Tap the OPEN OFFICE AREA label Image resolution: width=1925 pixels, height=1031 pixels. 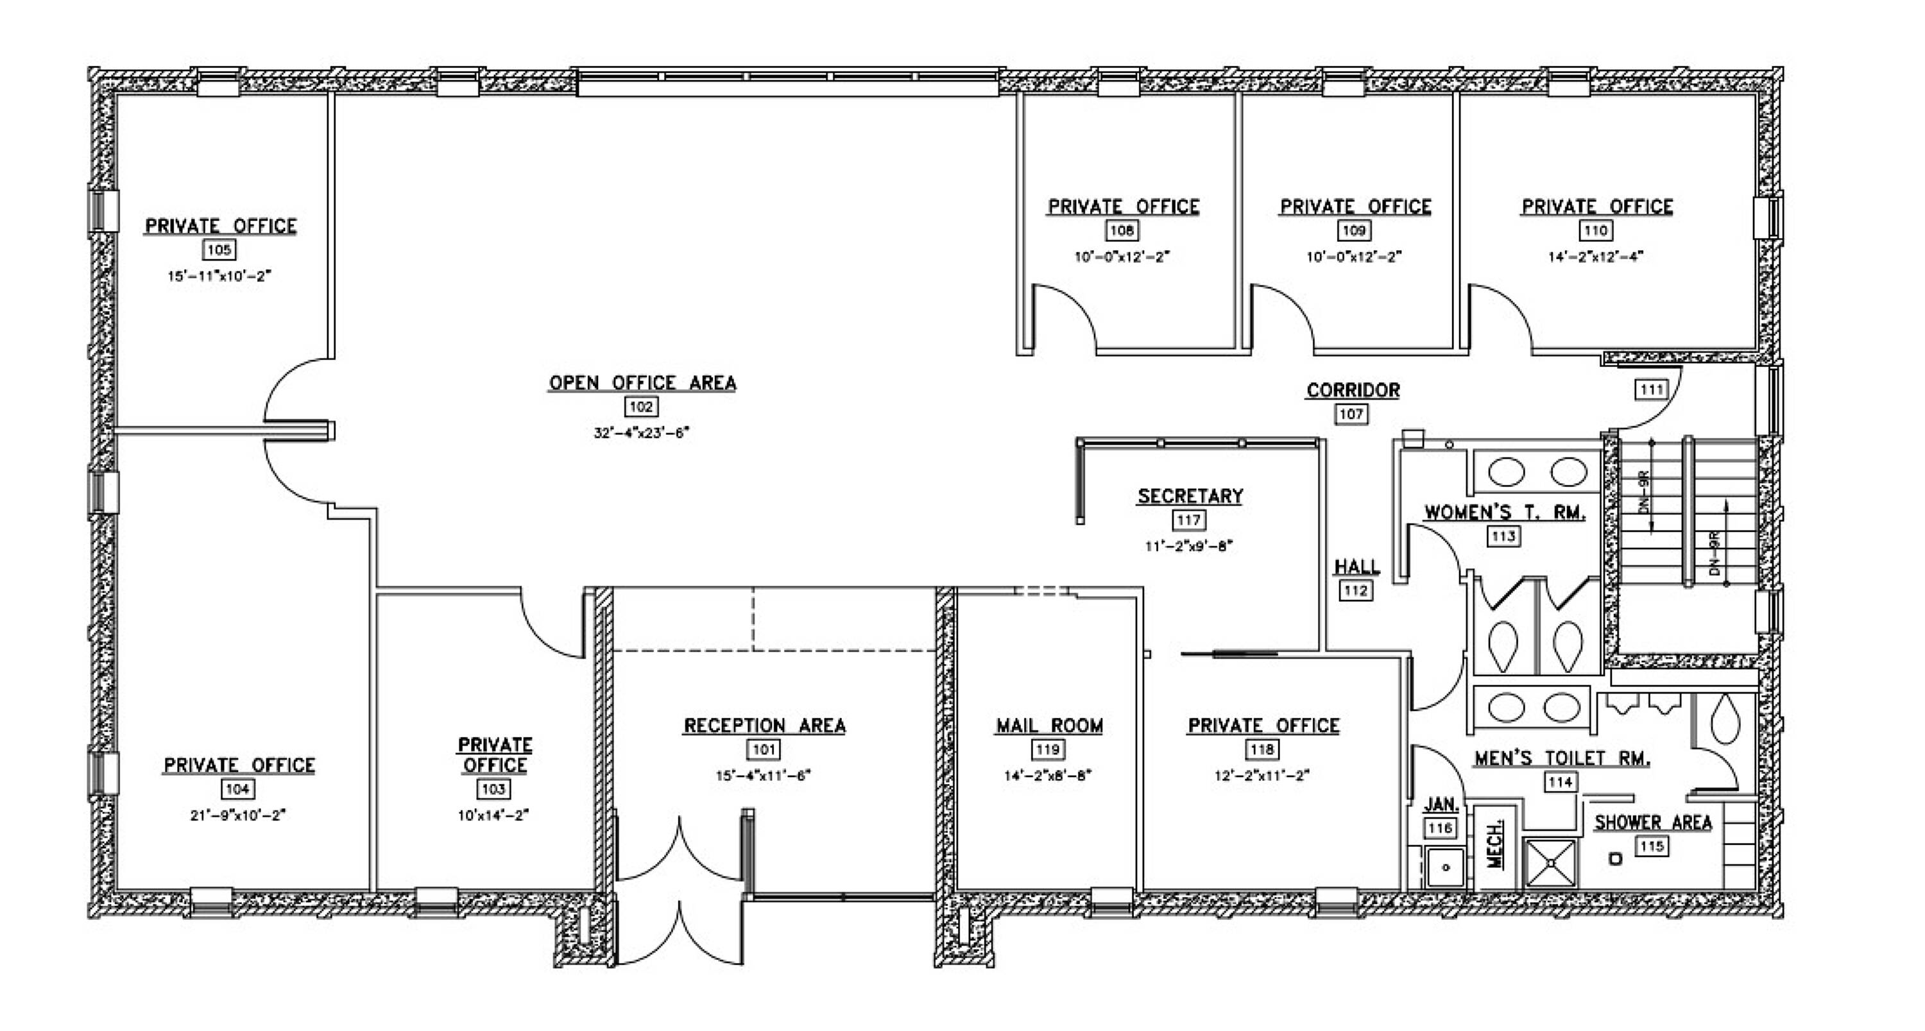[x=643, y=382]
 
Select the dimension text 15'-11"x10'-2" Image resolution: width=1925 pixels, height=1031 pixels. [x=219, y=276]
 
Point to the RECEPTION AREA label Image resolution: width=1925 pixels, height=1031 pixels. [x=764, y=726]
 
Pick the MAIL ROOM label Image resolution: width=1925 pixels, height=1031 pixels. [x=1049, y=726]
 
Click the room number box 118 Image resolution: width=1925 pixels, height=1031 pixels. [x=1263, y=749]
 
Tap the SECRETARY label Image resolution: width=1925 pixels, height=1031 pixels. [x=1190, y=496]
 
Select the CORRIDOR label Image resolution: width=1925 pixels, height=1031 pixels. [x=1353, y=390]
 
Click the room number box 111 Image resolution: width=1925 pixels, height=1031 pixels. [x=1652, y=389]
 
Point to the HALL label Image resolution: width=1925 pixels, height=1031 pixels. [x=1356, y=567]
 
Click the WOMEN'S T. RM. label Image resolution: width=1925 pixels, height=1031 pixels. [x=1505, y=513]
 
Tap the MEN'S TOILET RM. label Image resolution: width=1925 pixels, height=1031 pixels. [x=1562, y=758]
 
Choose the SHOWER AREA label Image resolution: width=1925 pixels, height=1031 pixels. [x=1653, y=822]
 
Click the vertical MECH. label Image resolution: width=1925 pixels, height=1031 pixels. [x=1494, y=845]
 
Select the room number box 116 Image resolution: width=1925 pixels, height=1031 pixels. [x=1440, y=828]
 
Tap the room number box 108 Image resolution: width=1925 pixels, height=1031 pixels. [x=1122, y=230]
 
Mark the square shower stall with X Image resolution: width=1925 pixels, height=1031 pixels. [x=1551, y=863]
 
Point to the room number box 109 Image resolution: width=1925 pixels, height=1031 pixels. [x=1354, y=230]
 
